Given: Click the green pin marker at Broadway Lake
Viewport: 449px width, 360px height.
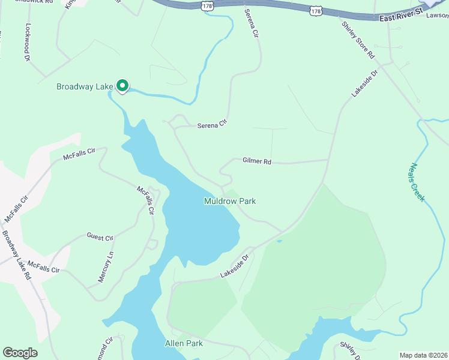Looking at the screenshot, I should point(122,86).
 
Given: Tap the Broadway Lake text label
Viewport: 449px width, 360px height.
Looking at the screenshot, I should point(85,87).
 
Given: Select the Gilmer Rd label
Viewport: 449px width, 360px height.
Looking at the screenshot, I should point(257,161).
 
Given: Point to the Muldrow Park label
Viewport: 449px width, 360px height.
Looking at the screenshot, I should point(230,202).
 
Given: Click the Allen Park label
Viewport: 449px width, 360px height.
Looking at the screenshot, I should point(184,344).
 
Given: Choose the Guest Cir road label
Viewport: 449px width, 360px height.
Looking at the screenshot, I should point(100,238).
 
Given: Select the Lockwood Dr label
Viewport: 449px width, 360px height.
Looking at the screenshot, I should point(28,42).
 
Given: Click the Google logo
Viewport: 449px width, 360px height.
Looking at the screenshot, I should point(20,353).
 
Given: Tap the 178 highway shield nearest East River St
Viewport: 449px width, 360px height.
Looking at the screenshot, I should point(317,11).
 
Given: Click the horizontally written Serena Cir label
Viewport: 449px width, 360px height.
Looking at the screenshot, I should point(213,124).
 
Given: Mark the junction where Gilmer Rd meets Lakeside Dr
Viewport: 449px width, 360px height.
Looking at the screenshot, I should point(328,160).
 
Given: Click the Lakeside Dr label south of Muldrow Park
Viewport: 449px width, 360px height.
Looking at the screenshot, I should point(234,266).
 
